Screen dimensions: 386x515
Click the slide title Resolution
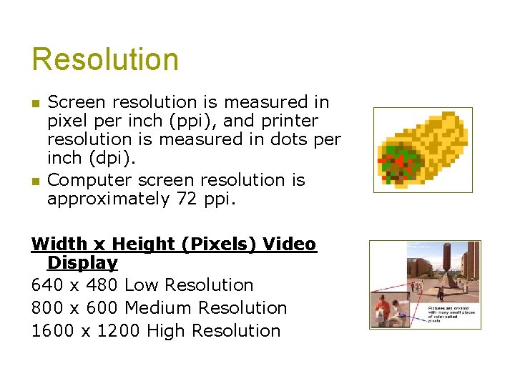pos(105,59)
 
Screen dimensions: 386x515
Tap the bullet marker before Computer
pos(36,181)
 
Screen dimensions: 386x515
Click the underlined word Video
pos(289,244)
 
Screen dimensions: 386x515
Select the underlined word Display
pos(82,263)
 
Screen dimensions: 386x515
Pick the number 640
pos(46,285)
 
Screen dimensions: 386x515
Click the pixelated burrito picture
pos(423,150)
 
